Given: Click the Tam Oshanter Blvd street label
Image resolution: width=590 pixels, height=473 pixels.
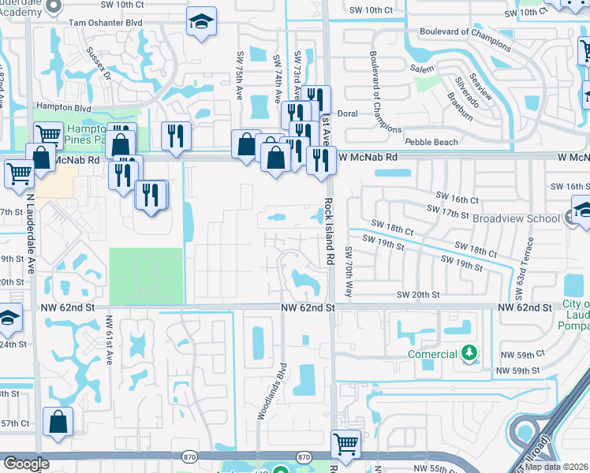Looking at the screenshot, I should [x=105, y=24].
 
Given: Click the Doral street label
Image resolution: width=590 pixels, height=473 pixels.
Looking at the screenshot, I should [x=347, y=114].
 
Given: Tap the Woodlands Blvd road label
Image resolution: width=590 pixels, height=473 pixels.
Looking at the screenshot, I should [x=270, y=391].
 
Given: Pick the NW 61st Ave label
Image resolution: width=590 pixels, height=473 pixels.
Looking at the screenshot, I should [x=110, y=341].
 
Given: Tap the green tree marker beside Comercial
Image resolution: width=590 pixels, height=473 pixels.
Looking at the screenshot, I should [x=469, y=353].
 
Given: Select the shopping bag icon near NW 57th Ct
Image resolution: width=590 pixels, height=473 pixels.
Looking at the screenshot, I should [x=58, y=421].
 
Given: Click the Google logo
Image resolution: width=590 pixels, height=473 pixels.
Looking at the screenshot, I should [x=26, y=464].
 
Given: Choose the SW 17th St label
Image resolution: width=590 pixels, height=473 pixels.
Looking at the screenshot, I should [x=448, y=213].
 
